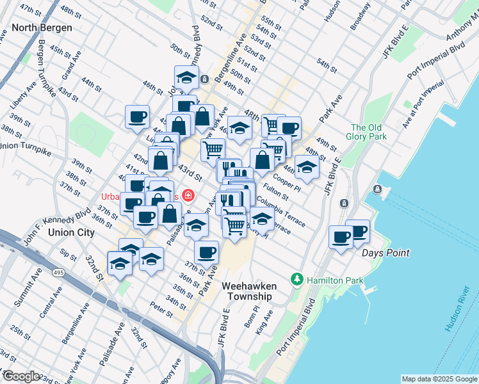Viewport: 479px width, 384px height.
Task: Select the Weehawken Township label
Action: [x=247, y=292]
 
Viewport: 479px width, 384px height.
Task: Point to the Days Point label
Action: [x=386, y=253]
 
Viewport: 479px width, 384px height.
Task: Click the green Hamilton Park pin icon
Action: [x=296, y=280]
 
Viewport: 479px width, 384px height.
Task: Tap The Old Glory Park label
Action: [x=368, y=132]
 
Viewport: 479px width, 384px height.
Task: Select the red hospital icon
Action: [x=188, y=195]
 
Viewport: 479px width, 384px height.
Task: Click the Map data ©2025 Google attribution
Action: [x=439, y=379]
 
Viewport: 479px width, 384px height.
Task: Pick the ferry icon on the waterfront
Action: [x=377, y=189]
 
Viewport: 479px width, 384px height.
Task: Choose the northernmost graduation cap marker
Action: [x=186, y=77]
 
